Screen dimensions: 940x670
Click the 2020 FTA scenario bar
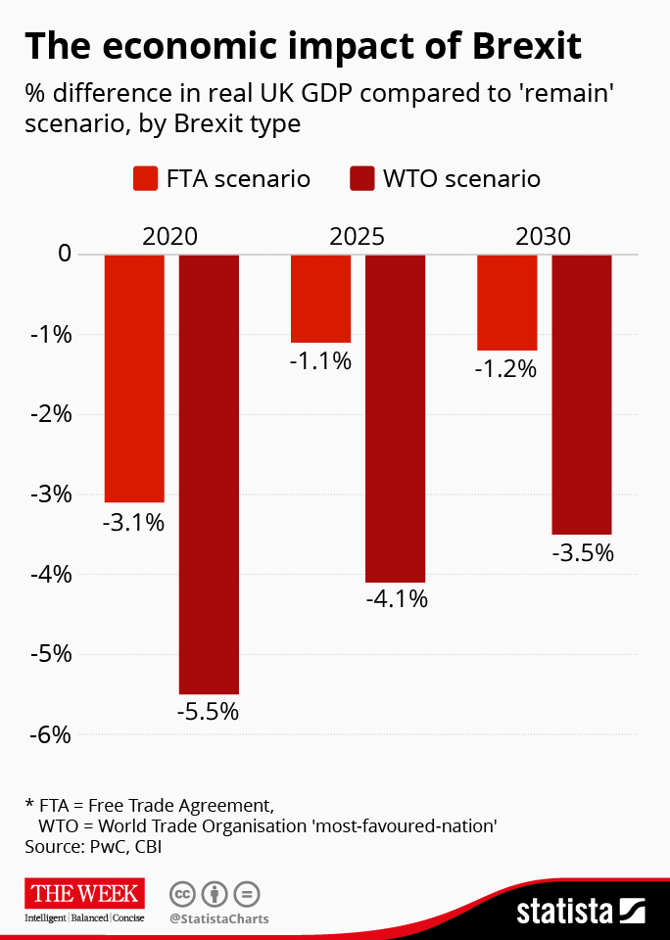[x=134, y=378]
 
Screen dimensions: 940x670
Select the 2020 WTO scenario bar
[x=209, y=474]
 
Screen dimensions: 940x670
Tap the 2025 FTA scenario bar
[x=320, y=298]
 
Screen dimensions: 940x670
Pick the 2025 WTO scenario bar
[x=395, y=418]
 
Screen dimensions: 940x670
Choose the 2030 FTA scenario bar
[x=506, y=302]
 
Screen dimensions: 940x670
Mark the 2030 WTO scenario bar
[x=582, y=394]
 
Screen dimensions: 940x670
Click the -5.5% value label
[x=208, y=712]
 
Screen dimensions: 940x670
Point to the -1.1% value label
[x=320, y=360]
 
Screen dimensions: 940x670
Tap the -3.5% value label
[x=582, y=553]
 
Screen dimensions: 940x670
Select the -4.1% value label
[x=396, y=599]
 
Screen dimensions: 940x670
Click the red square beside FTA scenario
[x=145, y=179]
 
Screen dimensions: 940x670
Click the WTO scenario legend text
[x=460, y=179]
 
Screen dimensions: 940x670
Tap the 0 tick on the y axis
[x=65, y=255]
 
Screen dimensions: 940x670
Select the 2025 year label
[x=357, y=237]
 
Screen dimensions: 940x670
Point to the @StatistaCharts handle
[x=218, y=919]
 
